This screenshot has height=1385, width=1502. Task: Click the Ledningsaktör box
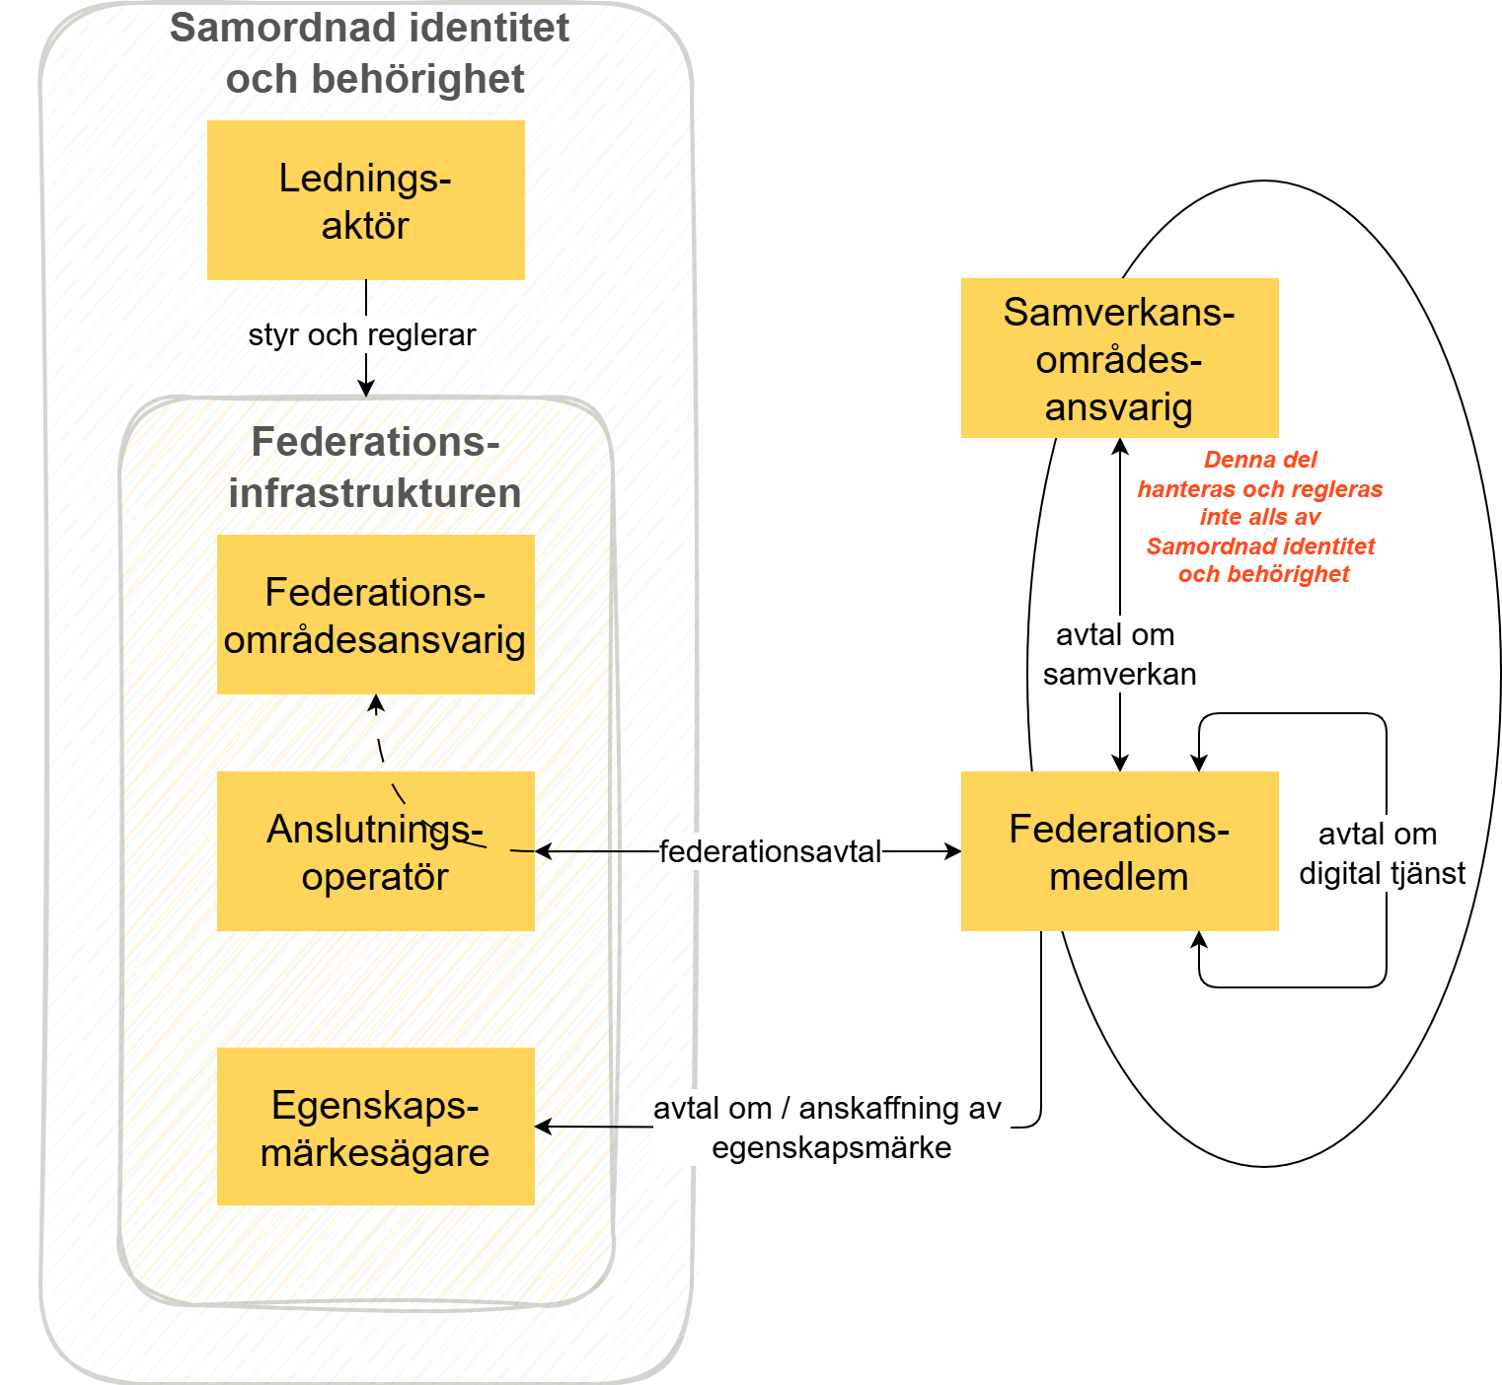point(365,200)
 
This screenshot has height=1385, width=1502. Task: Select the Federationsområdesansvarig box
point(375,615)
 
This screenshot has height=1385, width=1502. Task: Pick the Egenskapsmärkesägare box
point(375,1127)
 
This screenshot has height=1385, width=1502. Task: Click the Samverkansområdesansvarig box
point(1119,358)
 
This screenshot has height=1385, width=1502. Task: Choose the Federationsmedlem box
point(1119,851)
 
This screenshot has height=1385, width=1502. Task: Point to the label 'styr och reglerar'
point(361,334)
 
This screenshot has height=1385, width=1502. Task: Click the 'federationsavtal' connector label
point(770,851)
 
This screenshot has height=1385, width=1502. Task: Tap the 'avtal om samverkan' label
point(1119,654)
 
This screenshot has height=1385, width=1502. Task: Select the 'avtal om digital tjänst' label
point(1382,853)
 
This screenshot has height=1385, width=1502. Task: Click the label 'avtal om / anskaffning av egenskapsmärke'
point(829,1128)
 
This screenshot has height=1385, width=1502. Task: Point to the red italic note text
point(1260,517)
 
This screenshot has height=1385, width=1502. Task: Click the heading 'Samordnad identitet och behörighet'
point(371,53)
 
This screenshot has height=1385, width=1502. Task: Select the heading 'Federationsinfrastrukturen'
point(375,468)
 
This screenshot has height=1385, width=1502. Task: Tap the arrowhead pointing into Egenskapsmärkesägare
point(542,1127)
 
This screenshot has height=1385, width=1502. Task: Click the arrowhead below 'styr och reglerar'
point(366,390)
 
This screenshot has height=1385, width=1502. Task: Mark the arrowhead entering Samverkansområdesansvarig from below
point(1120,445)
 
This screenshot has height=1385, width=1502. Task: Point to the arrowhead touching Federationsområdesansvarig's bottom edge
point(376,701)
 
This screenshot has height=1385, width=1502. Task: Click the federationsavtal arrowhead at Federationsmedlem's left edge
point(953,851)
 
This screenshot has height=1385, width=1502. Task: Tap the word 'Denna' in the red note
point(1234,460)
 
